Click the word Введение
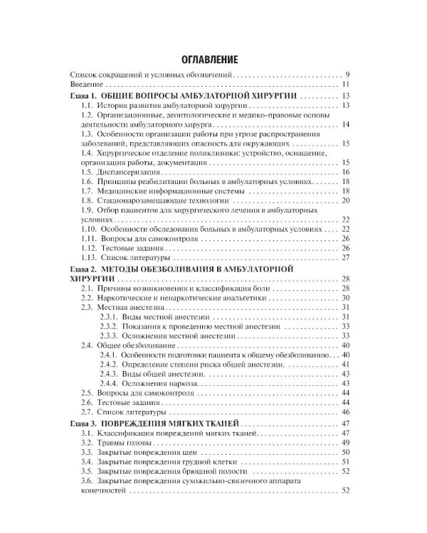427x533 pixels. point(87,85)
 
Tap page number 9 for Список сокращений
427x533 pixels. point(347,75)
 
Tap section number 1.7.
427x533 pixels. point(86,192)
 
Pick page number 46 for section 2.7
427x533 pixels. point(345,411)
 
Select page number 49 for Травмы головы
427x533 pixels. point(345,442)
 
